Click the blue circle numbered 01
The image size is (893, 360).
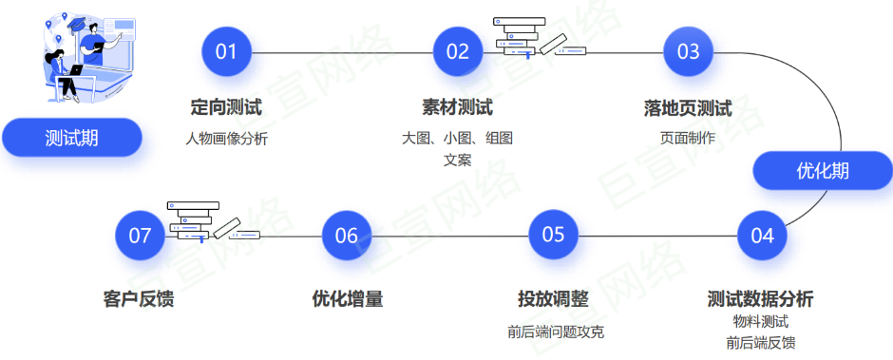click(226, 51)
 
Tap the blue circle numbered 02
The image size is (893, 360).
click(458, 51)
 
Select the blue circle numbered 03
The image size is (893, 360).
click(688, 51)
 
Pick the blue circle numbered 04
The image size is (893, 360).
click(762, 236)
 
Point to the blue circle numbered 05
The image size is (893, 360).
click(554, 235)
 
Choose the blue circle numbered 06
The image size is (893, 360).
click(347, 236)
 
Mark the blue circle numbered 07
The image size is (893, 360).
click(140, 236)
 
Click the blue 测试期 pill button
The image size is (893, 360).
click(72, 138)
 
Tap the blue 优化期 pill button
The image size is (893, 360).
click(822, 171)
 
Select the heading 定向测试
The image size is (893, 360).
click(226, 107)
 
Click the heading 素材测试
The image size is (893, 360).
click(457, 107)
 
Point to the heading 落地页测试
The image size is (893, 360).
click(687, 107)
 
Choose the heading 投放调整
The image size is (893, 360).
click(554, 298)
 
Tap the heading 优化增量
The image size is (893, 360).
click(347, 298)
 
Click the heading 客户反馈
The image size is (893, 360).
click(139, 298)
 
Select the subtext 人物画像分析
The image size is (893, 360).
click(226, 138)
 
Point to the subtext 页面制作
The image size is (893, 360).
click(687, 138)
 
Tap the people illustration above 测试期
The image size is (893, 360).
click(80, 57)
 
